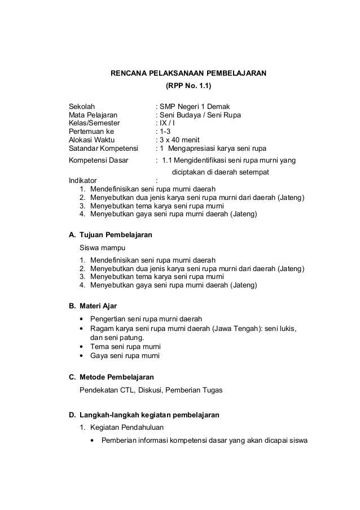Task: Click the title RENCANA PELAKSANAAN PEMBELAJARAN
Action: tap(187, 73)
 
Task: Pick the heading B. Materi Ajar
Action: tap(93, 306)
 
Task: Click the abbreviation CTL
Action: tap(137, 390)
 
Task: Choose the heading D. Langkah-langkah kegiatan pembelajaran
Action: tap(144, 415)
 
